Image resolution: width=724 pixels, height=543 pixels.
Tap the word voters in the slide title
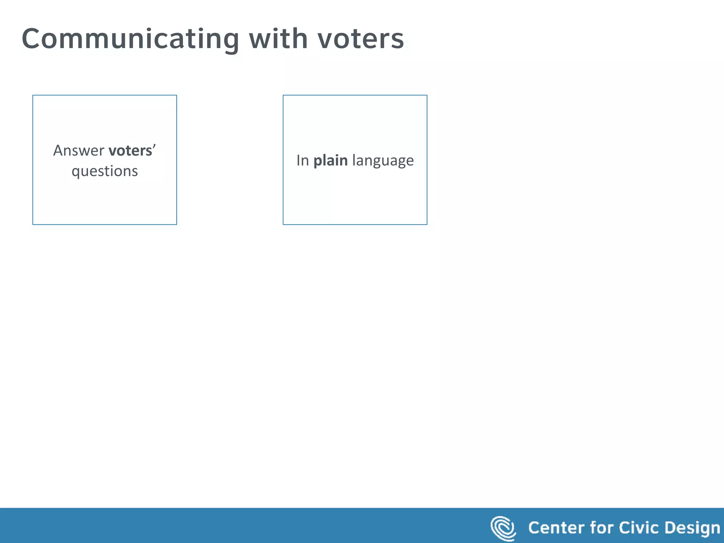tap(361, 39)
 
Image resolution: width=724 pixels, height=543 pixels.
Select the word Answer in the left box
tap(78, 151)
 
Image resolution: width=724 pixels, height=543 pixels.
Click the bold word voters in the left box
tap(130, 151)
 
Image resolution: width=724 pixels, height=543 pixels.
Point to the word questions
tap(105, 171)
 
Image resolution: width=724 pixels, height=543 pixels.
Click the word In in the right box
tap(303, 160)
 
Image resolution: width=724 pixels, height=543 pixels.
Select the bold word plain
tap(331, 161)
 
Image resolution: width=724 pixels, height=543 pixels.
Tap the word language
tap(383, 161)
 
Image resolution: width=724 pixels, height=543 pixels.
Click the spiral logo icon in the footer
tap(503, 528)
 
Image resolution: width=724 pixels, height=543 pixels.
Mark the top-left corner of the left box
tap(33, 95)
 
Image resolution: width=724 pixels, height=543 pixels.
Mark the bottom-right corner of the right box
tap(427, 224)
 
